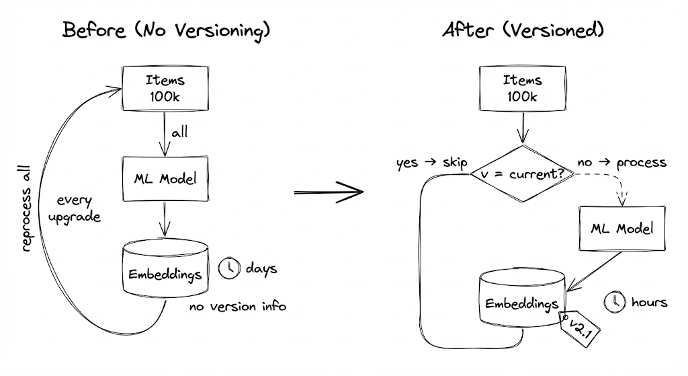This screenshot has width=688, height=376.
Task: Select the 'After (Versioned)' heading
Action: (523, 30)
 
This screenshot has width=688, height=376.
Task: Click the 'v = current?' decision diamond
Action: (521, 174)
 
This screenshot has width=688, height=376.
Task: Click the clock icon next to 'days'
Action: (229, 268)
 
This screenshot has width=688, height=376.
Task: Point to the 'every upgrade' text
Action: (79, 209)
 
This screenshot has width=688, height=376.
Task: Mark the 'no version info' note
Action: (237, 307)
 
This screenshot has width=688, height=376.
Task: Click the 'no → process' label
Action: (621, 163)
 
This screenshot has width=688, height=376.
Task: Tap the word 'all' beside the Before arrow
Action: (179, 133)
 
